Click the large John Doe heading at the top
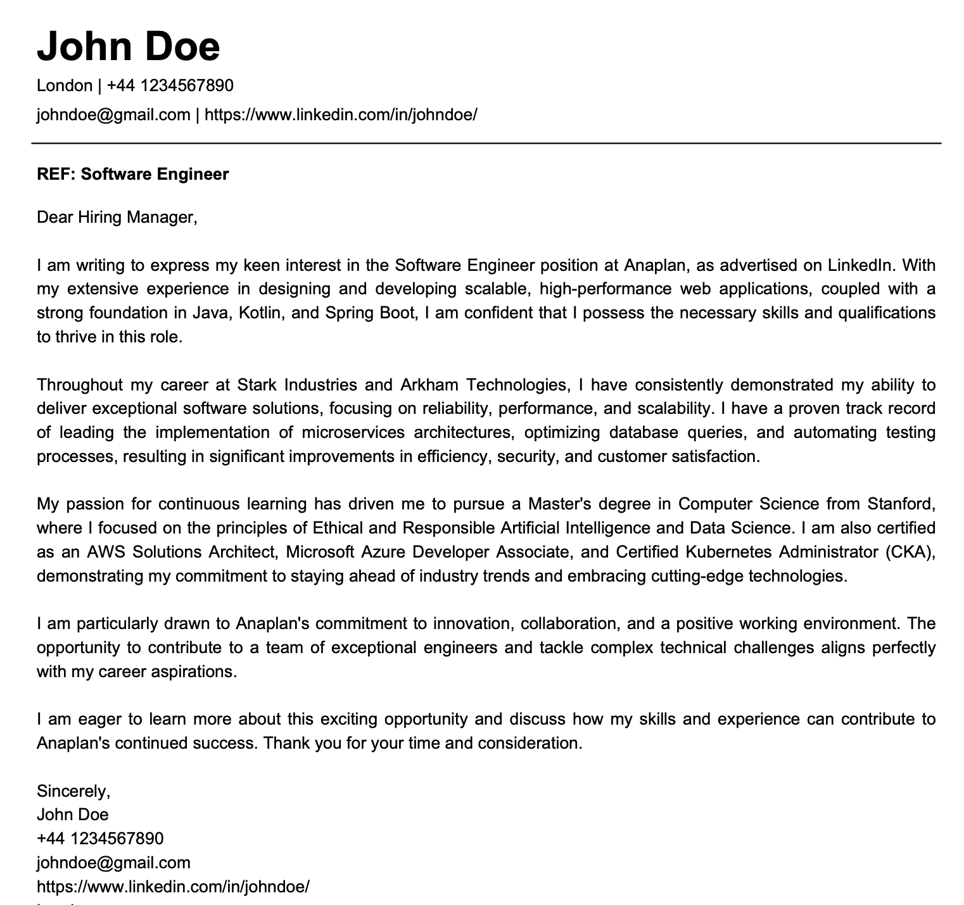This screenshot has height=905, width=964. pos(129,46)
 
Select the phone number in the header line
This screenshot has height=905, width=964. pos(170,85)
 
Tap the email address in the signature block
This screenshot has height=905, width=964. pos(113,863)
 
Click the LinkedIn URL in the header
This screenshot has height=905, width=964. pos(341,115)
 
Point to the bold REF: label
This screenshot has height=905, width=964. pos(56,174)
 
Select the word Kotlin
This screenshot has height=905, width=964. pos(260,313)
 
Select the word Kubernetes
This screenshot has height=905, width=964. pos(727,552)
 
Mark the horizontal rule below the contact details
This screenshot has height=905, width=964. pos(486,144)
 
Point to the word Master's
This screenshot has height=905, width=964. pos(562,504)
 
